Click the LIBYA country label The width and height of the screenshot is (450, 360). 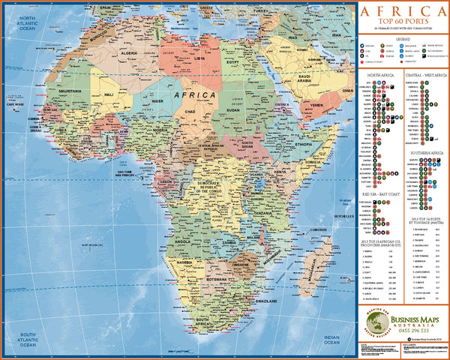(x=198, y=57)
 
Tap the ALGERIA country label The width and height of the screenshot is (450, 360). (x=130, y=55)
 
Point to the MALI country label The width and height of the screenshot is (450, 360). (x=109, y=94)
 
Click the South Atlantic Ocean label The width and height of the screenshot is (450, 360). (x=28, y=337)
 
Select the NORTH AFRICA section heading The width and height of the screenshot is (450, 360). (x=381, y=76)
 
